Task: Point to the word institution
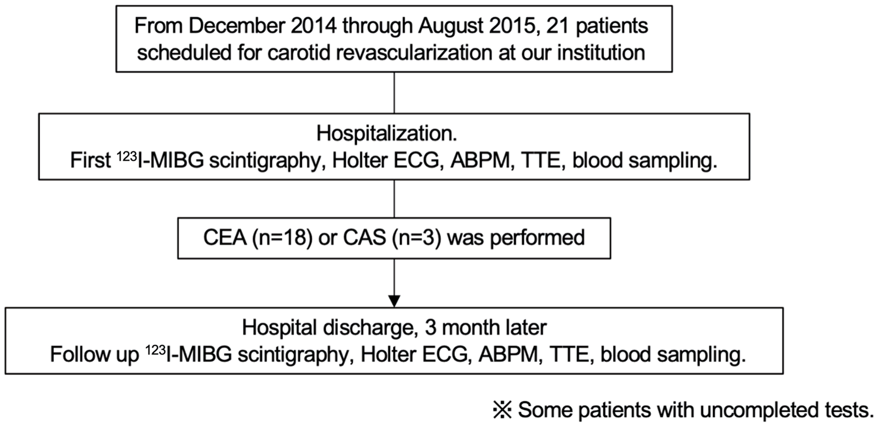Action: (x=601, y=53)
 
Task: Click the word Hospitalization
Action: (x=387, y=133)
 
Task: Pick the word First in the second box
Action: (x=91, y=160)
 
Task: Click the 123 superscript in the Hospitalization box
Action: (x=127, y=157)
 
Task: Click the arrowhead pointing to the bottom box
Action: (x=394, y=301)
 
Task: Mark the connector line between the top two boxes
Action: (x=394, y=93)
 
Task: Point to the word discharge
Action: (x=367, y=327)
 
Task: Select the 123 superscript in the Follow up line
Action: (x=156, y=351)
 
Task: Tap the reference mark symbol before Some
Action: (x=502, y=410)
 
